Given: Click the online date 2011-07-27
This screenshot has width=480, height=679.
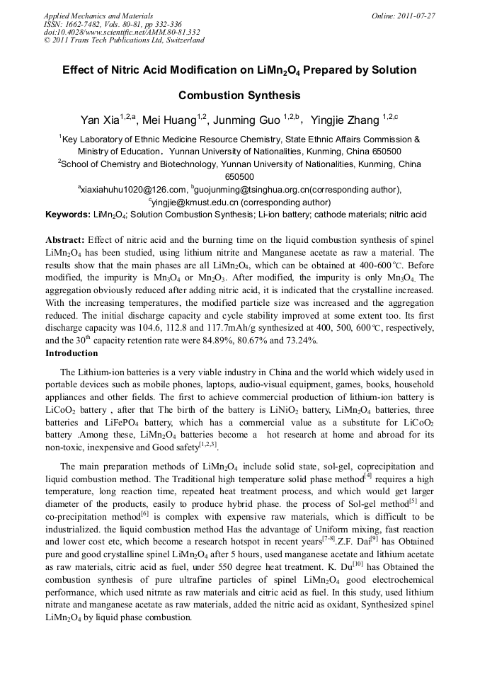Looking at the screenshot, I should (416, 16).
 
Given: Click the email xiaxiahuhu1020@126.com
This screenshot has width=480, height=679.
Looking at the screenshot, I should (134, 189).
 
